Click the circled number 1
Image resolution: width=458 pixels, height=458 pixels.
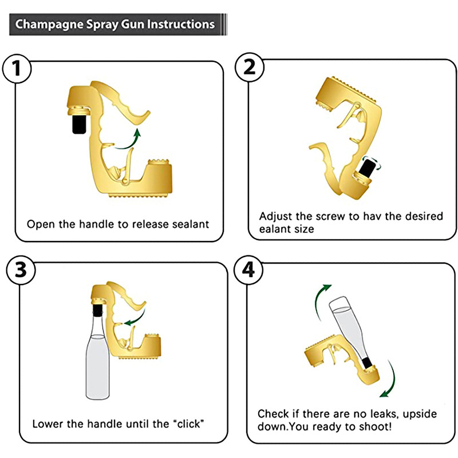(17, 68)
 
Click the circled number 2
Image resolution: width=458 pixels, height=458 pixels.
(249, 67)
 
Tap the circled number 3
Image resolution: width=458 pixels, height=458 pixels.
(21, 270)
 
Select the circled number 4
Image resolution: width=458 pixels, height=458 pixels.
(248, 270)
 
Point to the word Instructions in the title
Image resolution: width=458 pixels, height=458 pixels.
(181, 24)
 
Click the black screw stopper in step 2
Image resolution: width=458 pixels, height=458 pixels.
(368, 166)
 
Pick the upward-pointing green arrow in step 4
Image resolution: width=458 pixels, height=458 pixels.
(321, 302)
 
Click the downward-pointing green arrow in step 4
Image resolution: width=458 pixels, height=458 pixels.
(390, 380)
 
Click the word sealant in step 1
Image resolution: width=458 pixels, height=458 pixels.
(191, 224)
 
